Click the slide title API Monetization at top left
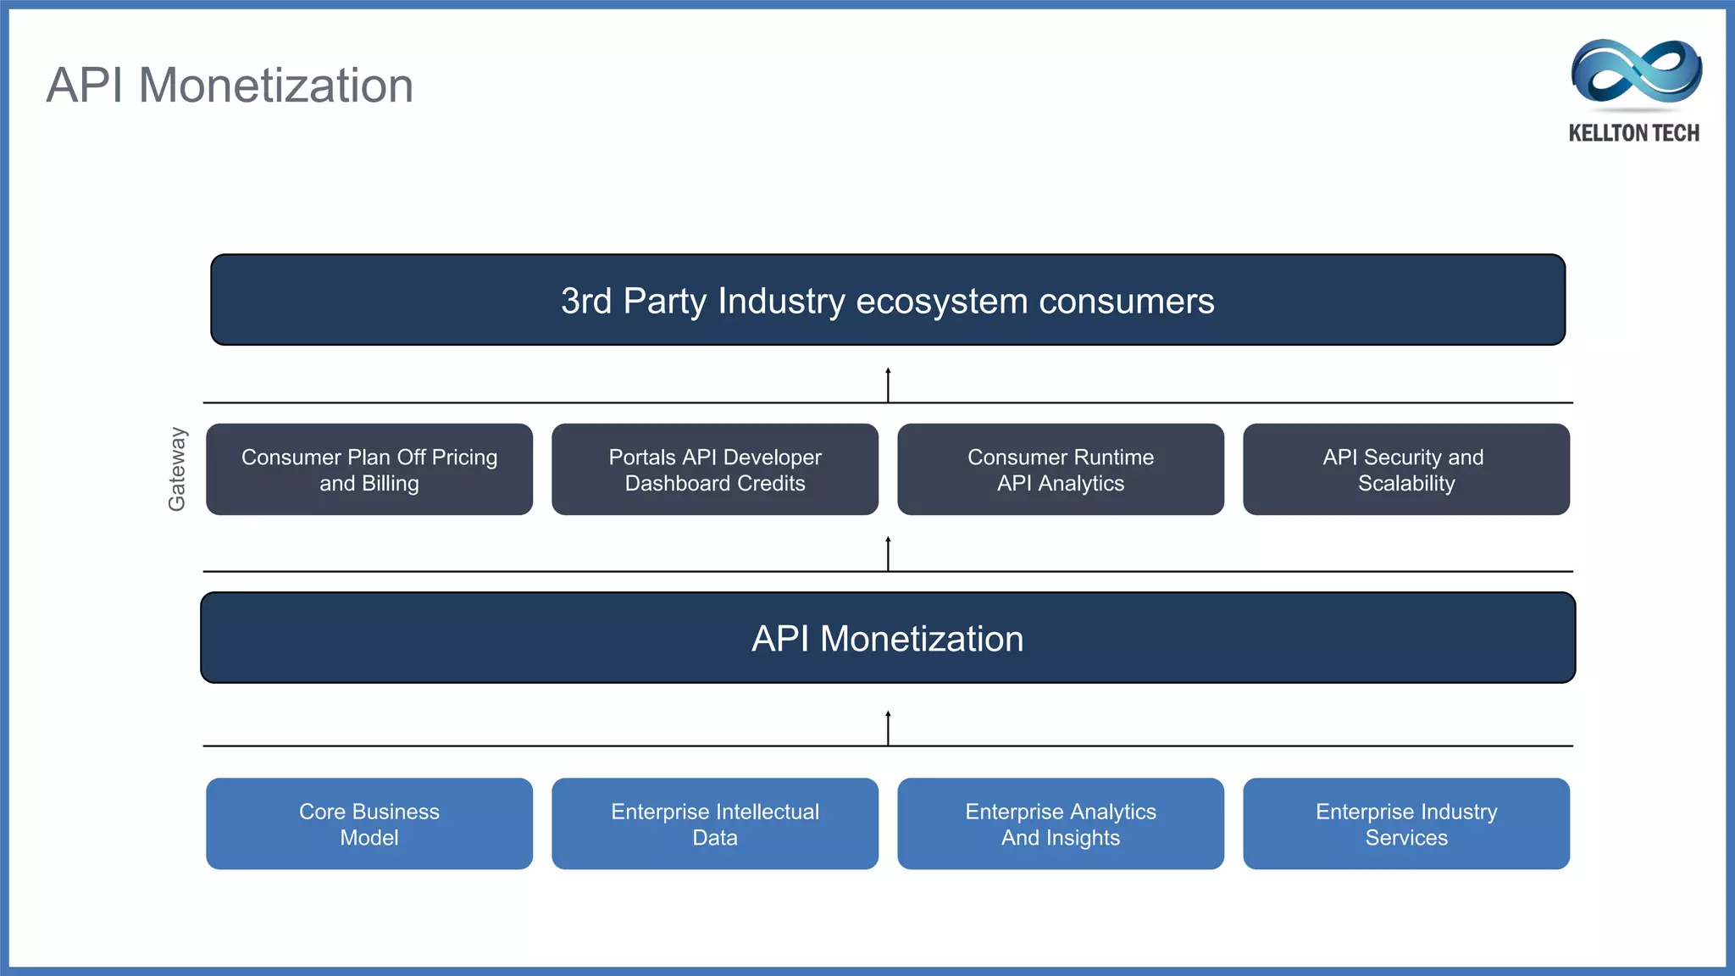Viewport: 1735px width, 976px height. tap(230, 86)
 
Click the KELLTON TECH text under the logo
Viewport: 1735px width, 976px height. tap(1633, 133)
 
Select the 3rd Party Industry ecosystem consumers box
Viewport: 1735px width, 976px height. tap(887, 300)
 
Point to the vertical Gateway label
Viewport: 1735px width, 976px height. tap(176, 469)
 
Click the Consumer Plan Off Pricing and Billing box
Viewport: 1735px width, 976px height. tap(369, 469)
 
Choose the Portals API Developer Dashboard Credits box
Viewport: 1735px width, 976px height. tap(715, 469)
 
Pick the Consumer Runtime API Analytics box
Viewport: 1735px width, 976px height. tap(1060, 469)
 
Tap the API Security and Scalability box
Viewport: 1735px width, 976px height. tap(1405, 469)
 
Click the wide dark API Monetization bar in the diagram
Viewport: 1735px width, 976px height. tap(887, 638)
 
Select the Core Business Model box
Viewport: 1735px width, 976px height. tap(369, 823)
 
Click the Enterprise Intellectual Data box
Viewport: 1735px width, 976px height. tap(715, 823)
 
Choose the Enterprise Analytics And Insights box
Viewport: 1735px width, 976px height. tap(1060, 823)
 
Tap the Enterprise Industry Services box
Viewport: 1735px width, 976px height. tap(1405, 823)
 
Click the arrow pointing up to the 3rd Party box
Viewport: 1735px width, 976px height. tap(888, 385)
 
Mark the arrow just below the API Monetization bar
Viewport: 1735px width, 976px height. tap(888, 728)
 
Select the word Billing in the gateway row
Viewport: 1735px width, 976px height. tap(390, 484)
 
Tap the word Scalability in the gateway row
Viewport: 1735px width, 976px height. tap(1406, 484)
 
